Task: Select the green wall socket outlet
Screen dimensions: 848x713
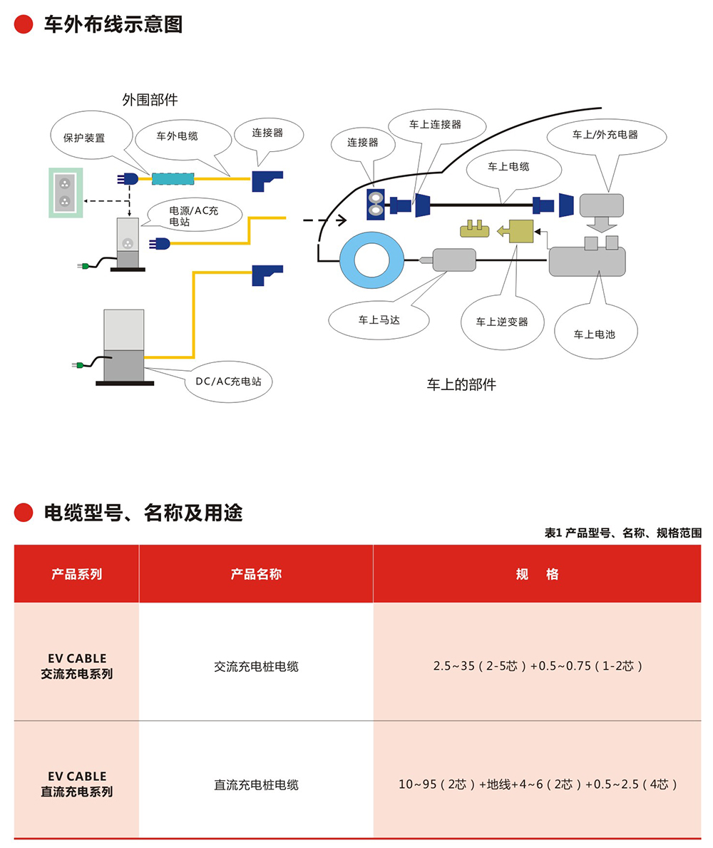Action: pos(65,192)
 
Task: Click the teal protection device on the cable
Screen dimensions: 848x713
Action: pos(173,179)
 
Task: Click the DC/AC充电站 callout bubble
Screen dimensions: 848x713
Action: pos(228,382)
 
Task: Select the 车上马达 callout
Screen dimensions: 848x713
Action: pos(379,320)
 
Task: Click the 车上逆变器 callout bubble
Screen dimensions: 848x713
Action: pos(502,322)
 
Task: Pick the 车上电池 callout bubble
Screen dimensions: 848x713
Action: pos(594,333)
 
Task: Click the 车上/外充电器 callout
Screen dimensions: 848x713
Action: pos(605,134)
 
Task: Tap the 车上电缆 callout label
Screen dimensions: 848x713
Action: pos(508,166)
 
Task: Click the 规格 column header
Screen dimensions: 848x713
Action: pos(537,574)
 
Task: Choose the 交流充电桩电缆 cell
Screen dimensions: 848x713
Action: pos(256,667)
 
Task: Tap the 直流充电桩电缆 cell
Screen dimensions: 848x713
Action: pos(256,785)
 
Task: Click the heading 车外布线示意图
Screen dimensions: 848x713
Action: pos(113,24)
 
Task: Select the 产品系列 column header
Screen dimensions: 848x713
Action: pos(76,574)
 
